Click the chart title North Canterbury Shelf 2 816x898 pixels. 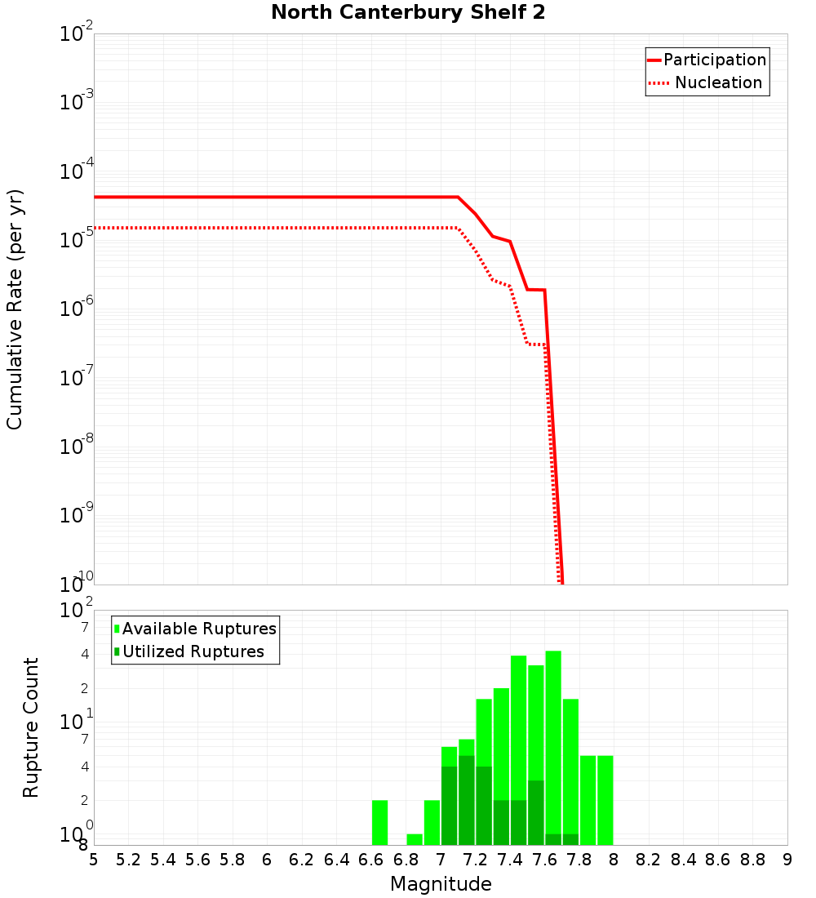click(x=408, y=13)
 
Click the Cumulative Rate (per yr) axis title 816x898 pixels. click(x=15, y=309)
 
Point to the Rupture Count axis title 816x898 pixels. click(x=31, y=727)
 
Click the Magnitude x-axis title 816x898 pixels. click(x=441, y=884)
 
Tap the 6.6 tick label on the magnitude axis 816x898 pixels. click(x=371, y=860)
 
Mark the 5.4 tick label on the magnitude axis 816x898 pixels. click(x=163, y=860)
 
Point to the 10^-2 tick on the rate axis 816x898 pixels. click(x=77, y=34)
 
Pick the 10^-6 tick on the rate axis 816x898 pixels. click(x=77, y=309)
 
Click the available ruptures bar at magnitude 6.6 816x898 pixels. click(x=379, y=822)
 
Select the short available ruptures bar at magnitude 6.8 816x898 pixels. click(x=415, y=839)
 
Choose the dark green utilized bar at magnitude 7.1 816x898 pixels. click(x=466, y=800)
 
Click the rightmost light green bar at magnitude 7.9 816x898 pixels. click(x=605, y=800)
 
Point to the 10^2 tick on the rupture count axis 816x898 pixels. click(x=77, y=611)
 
